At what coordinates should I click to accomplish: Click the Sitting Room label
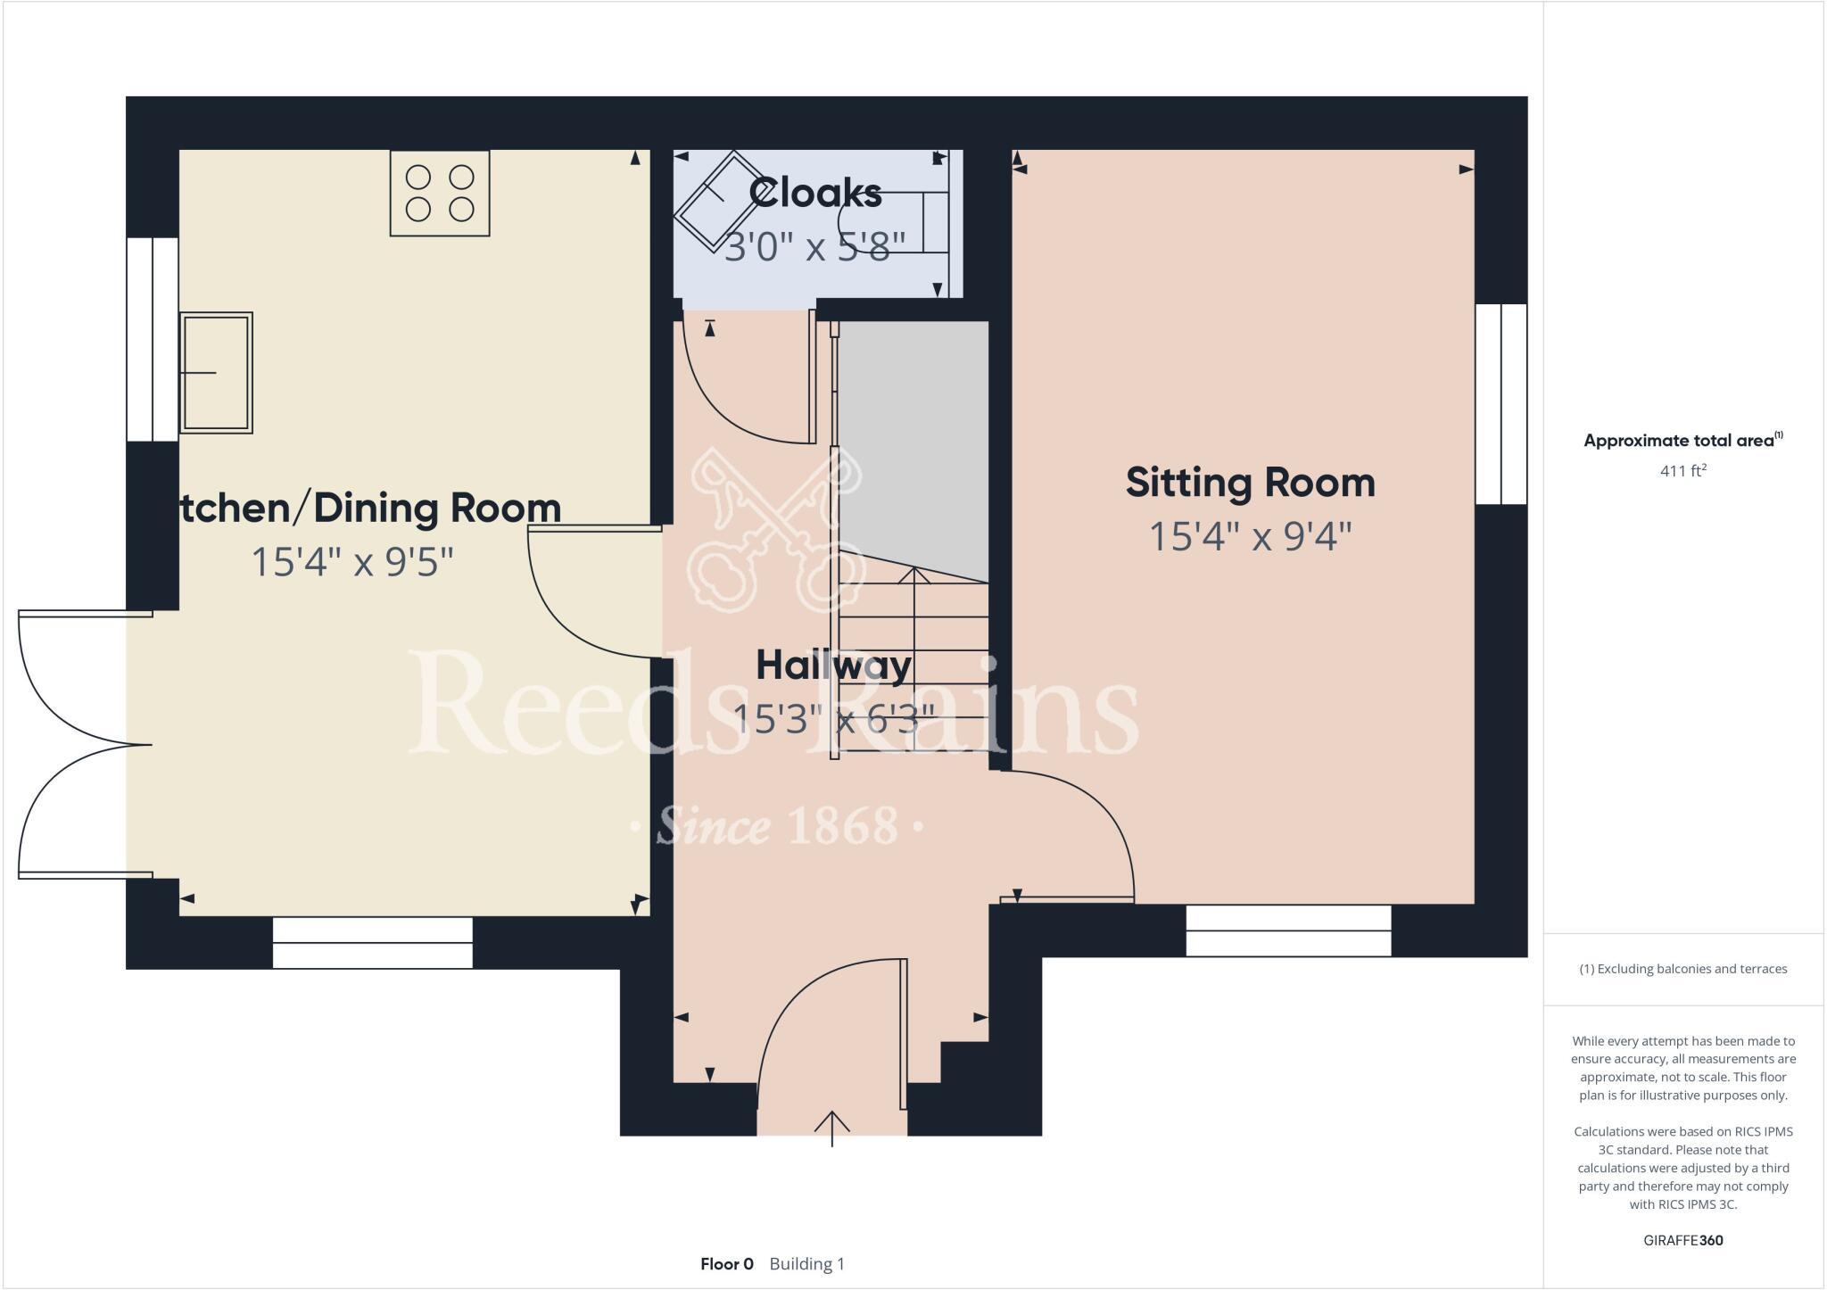pos(1250,483)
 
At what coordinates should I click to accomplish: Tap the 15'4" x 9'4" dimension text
pos(1250,537)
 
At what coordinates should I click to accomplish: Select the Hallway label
pos(833,666)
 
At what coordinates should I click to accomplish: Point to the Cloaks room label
pos(815,193)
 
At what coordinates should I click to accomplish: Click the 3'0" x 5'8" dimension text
pos(814,246)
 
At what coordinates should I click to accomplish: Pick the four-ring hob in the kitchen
pos(440,194)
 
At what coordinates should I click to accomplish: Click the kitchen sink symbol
pos(216,373)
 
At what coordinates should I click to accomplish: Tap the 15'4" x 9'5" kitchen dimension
pos(352,563)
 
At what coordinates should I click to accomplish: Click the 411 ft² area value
pos(1682,471)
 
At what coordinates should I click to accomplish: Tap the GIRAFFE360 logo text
pos(1682,1240)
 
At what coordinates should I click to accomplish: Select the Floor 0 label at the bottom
pos(726,1264)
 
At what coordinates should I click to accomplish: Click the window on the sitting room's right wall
pos(1500,404)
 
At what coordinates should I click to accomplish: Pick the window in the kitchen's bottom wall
pos(372,943)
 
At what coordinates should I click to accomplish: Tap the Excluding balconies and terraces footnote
pos(1682,969)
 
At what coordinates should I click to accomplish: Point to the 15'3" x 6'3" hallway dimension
pos(833,718)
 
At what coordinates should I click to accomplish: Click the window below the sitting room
pos(1288,930)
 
